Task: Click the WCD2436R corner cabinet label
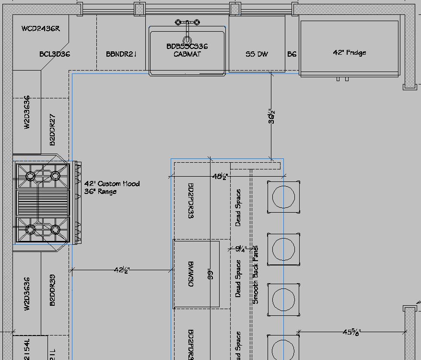click(41, 29)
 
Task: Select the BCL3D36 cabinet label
click(55, 54)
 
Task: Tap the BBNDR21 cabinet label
click(121, 54)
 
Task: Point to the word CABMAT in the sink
click(187, 54)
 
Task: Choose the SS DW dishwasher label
click(257, 54)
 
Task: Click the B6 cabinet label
click(292, 54)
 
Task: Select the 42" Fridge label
click(350, 52)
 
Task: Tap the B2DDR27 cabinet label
click(53, 130)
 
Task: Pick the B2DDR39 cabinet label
click(53, 290)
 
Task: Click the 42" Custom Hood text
click(112, 183)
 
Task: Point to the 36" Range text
click(100, 192)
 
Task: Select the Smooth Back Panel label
click(256, 275)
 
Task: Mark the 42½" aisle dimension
click(122, 270)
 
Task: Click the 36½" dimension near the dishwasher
click(272, 116)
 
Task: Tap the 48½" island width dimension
click(220, 177)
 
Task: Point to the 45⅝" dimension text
click(351, 332)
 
